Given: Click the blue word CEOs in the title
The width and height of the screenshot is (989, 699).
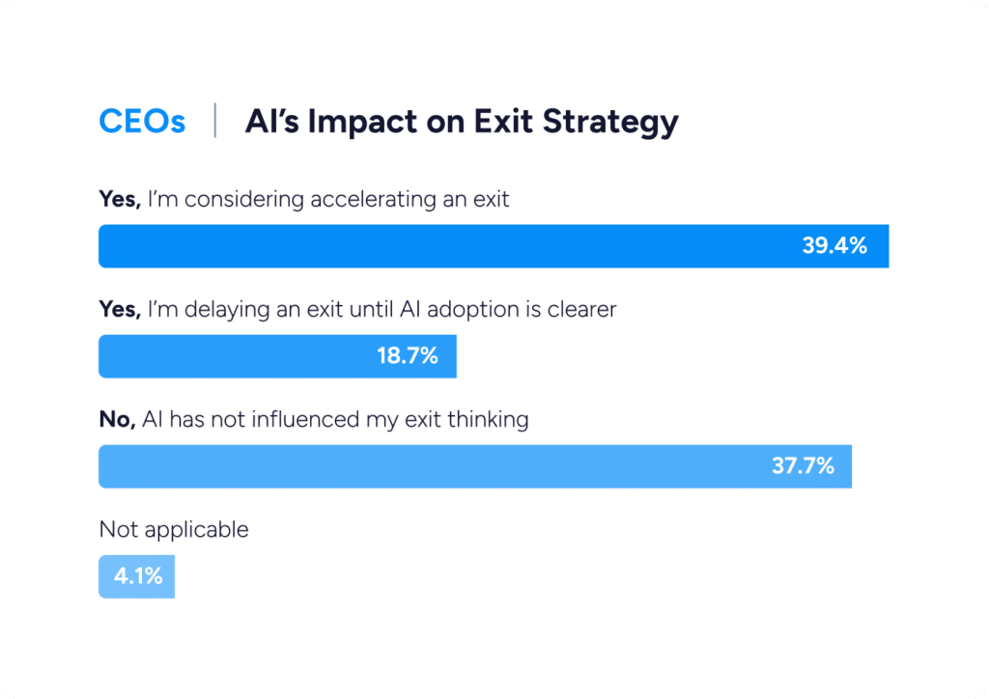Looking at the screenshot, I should [142, 123].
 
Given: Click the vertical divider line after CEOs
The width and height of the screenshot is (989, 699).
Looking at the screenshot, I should [214, 123].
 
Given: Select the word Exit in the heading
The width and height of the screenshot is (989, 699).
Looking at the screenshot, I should [501, 123].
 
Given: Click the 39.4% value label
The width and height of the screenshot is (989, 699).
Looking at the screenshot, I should [834, 246].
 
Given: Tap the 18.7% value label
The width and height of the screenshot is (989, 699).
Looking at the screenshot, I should [407, 356].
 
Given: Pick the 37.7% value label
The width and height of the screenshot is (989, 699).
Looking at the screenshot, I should [802, 466].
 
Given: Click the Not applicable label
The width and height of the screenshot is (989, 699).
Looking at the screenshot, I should [174, 530].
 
